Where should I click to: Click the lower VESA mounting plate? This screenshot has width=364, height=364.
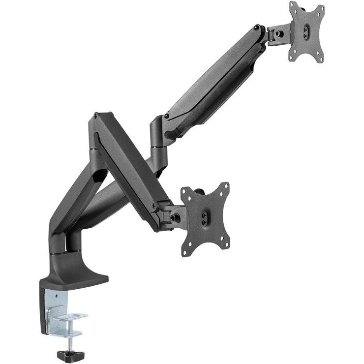pos(205,219)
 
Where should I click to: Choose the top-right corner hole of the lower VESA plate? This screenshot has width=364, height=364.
pos(227,186)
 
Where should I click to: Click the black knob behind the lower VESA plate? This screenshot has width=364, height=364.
pos(200,191)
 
